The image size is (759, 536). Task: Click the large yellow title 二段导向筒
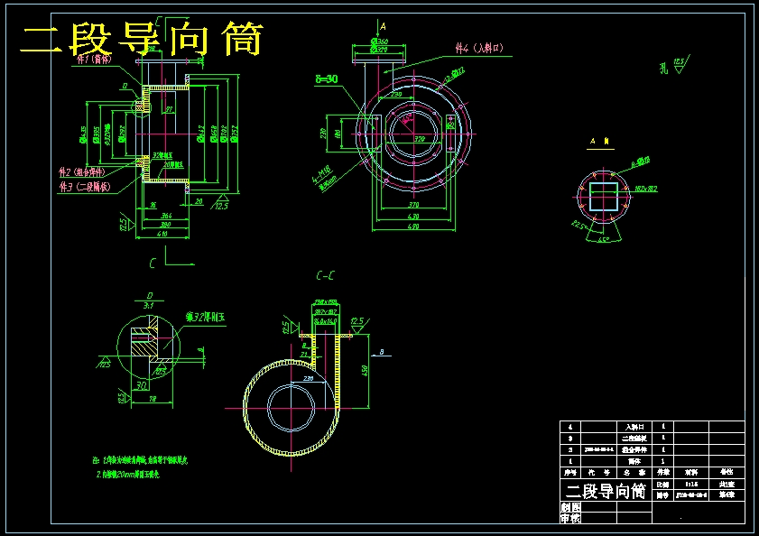(x=142, y=40)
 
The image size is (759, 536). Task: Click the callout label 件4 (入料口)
(x=486, y=48)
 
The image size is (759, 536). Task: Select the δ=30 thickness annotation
(x=326, y=79)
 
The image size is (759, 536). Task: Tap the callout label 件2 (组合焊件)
(x=82, y=171)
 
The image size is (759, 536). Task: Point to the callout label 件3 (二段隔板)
(x=85, y=187)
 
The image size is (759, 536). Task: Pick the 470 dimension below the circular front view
(x=412, y=226)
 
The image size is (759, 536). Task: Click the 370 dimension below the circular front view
(x=412, y=207)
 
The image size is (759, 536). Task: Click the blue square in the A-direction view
(x=603, y=196)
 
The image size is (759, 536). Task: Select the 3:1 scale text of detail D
(x=149, y=305)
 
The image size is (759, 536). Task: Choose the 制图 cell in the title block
(x=570, y=507)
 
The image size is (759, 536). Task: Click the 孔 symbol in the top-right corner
(x=664, y=67)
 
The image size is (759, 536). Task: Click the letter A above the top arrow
(x=383, y=27)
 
